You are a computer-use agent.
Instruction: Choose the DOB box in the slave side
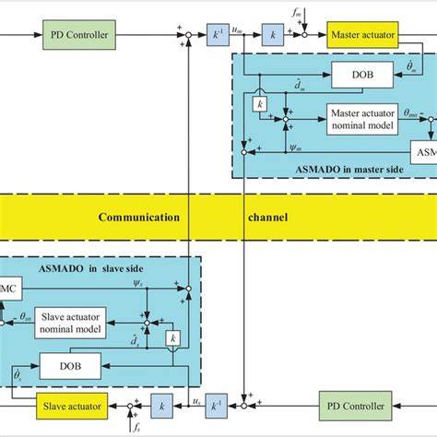tap(70, 367)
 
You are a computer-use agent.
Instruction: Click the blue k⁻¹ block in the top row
tap(219, 35)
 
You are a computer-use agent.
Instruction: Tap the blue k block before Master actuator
tap(272, 35)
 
